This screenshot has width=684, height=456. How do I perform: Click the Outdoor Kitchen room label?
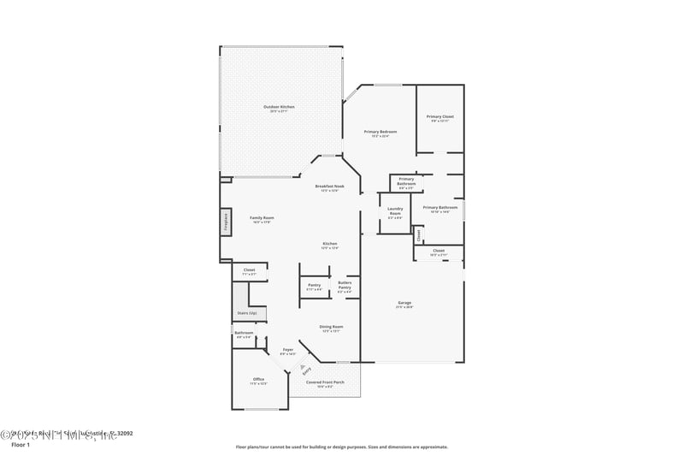pos(279,107)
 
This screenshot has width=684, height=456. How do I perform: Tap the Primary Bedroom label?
pos(380,132)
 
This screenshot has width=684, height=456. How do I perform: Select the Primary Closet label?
pos(440,116)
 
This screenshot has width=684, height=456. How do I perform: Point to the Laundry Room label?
pos(395,210)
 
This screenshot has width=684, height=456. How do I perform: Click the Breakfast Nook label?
pos(329,187)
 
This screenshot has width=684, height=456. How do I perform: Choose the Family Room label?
pos(262,218)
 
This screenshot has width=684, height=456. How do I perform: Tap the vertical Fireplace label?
pos(226,221)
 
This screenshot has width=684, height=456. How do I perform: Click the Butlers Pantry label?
pos(345,286)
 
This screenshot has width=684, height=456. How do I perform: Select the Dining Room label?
pos(331,327)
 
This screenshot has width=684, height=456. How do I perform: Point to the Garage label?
pos(405,304)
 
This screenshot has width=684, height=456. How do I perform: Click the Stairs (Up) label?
pos(247,313)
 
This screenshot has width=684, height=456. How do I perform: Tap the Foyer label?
pos(288,350)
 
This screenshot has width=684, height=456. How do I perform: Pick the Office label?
pos(258,379)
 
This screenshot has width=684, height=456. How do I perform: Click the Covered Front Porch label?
pos(325,382)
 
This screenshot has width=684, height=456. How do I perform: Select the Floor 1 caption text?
pos(21,445)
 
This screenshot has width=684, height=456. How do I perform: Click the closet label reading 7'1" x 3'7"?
pos(250,271)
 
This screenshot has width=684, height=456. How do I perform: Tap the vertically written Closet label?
pos(419,234)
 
